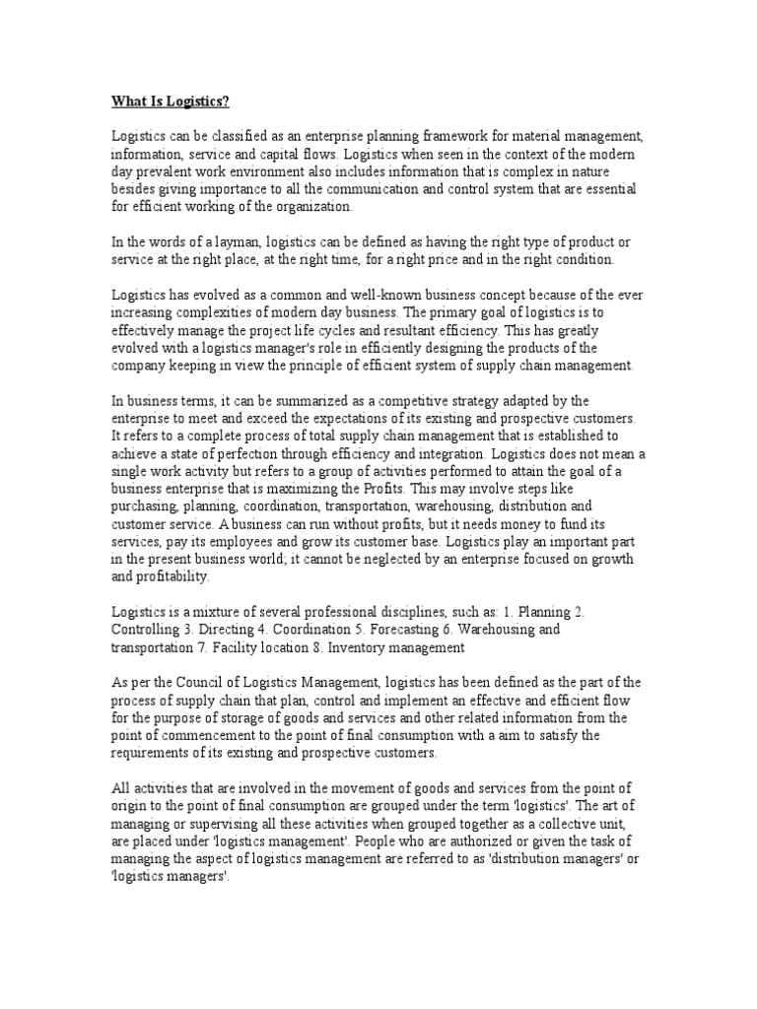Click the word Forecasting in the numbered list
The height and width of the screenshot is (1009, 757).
pyautogui.click(x=400, y=628)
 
